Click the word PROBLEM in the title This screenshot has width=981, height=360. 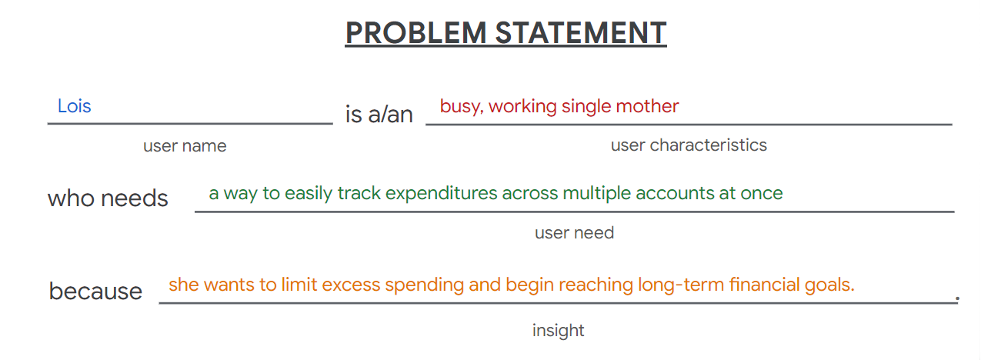(416, 33)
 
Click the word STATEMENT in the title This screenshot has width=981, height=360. (581, 33)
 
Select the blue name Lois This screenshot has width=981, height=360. (75, 106)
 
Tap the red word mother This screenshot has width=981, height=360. (647, 106)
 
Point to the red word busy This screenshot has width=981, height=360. (462, 107)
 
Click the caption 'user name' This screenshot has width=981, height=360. (185, 146)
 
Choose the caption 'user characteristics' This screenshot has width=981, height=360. (689, 145)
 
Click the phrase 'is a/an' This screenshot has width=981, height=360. (379, 115)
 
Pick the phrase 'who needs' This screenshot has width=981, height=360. (108, 198)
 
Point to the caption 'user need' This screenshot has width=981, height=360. (574, 233)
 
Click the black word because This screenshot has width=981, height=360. (95, 292)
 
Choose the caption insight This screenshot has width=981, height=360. (558, 331)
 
